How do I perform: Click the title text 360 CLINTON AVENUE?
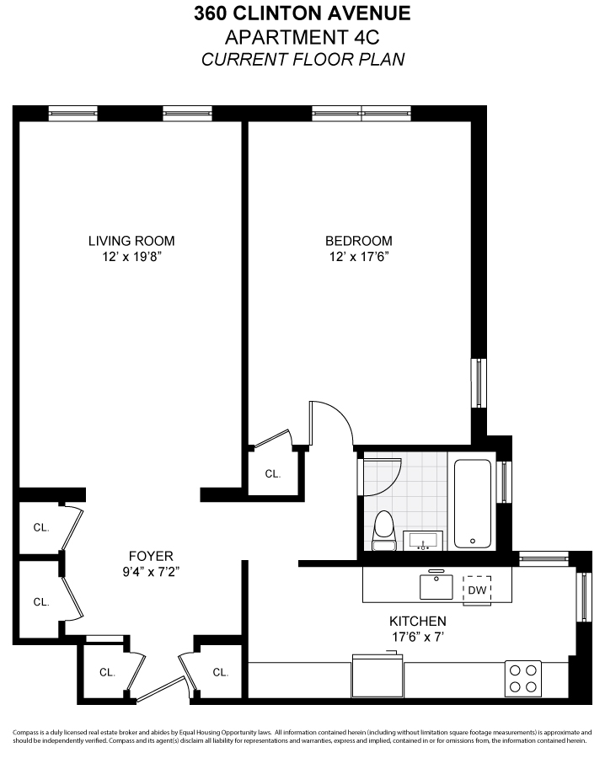pyautogui.click(x=302, y=13)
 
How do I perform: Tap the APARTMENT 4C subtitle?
pyautogui.click(x=302, y=37)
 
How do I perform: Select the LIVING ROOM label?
pyautogui.click(x=131, y=241)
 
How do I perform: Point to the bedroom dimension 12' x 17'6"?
pyautogui.click(x=358, y=256)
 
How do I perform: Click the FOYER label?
pyautogui.click(x=151, y=556)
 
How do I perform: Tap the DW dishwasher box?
pyautogui.click(x=477, y=590)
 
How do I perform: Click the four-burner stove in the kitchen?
pyautogui.click(x=522, y=678)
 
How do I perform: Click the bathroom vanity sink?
pyautogui.click(x=424, y=539)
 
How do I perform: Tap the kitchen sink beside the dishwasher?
pyautogui.click(x=436, y=584)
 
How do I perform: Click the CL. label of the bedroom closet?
pyautogui.click(x=272, y=474)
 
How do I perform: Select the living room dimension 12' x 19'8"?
pyautogui.click(x=131, y=256)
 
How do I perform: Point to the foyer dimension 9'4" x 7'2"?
pyautogui.click(x=151, y=571)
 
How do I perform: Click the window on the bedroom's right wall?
pyautogui.click(x=479, y=383)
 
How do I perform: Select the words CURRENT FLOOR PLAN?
pyautogui.click(x=302, y=60)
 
